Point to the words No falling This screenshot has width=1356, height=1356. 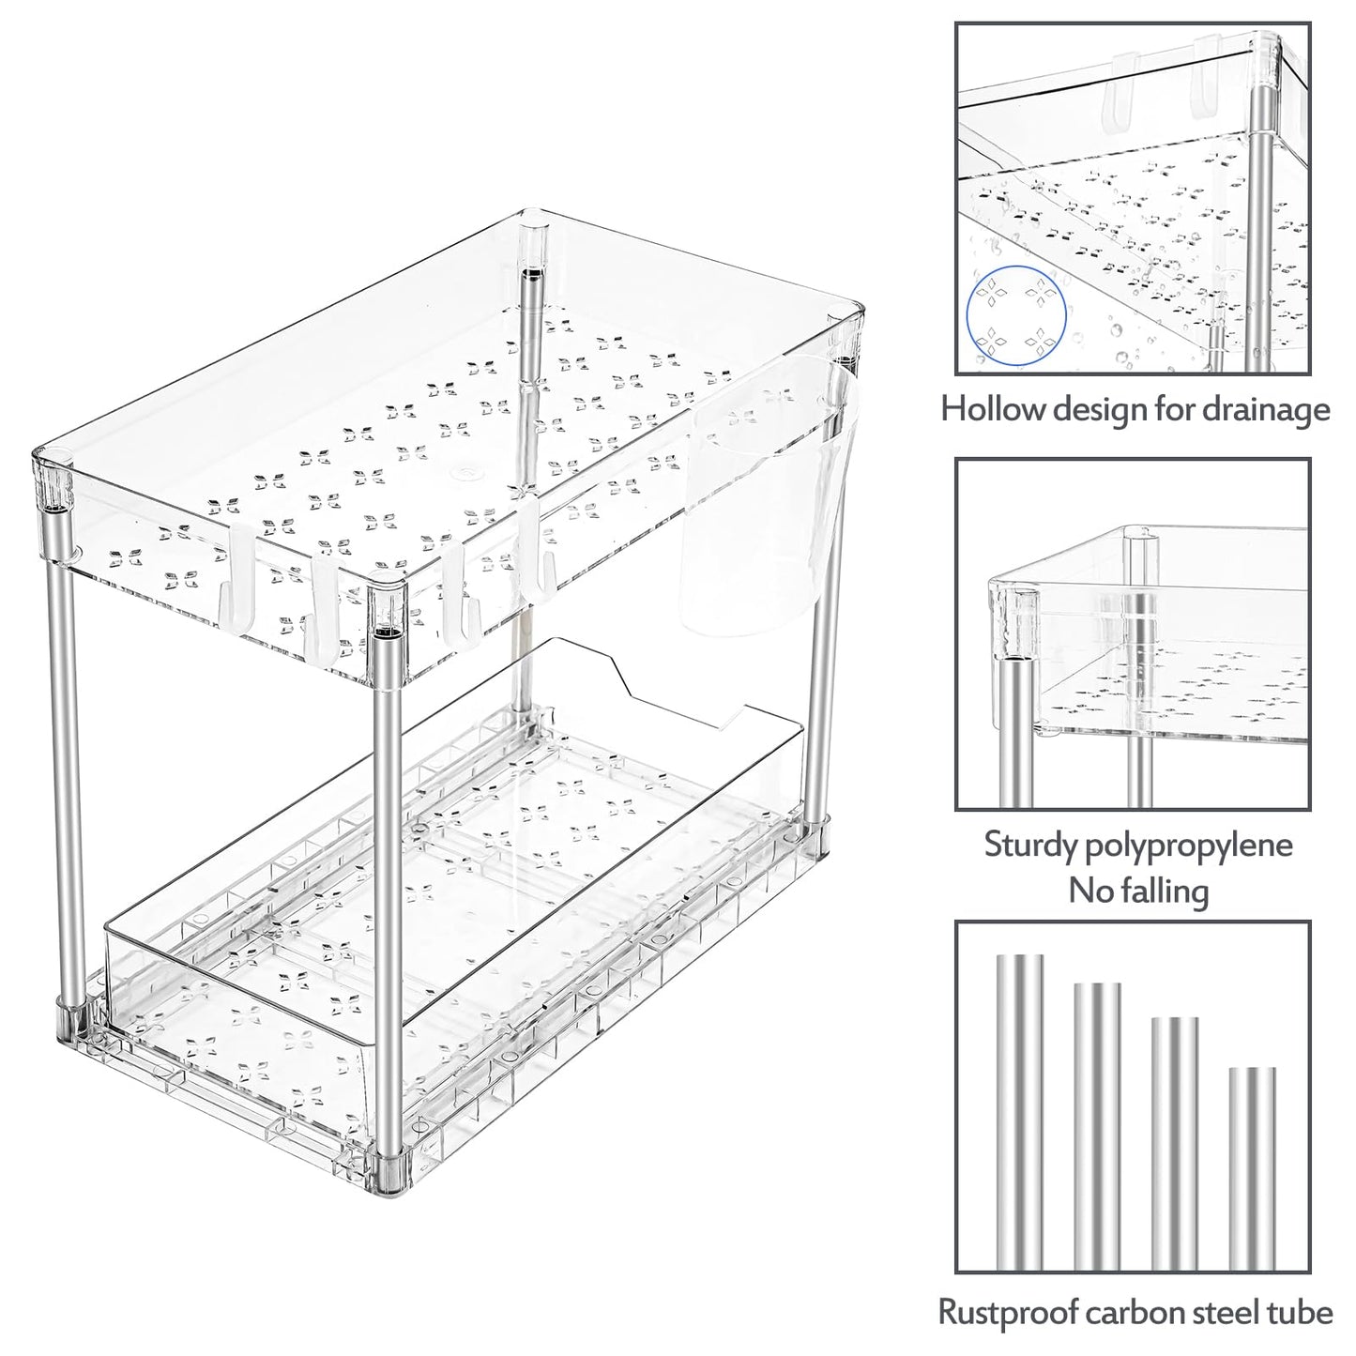1137,890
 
